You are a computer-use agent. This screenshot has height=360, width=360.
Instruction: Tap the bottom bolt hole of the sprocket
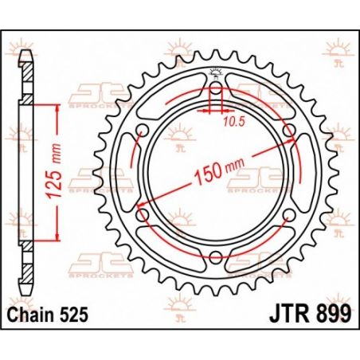[216, 256]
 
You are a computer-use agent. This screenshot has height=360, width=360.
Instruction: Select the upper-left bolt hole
[143, 129]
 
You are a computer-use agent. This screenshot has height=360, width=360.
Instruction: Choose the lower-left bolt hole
[143, 213]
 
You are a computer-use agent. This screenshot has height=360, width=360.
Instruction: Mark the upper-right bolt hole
[289, 129]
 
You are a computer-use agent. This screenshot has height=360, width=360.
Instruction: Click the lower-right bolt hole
[289, 213]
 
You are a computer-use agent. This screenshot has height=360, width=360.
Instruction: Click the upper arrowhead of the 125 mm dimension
[56, 108]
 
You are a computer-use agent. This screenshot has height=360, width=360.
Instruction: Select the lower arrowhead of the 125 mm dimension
[56, 236]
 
